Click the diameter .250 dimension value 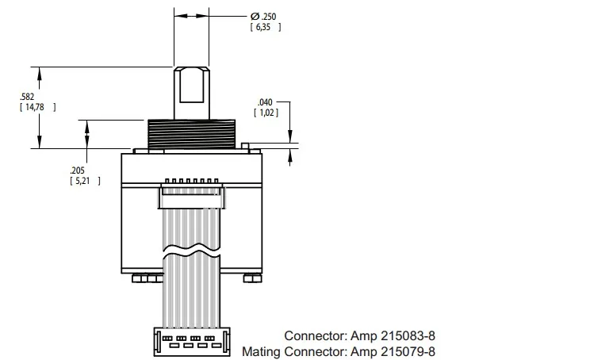269,17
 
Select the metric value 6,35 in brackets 263,27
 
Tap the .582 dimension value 27,97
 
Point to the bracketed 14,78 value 35,107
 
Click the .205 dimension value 77,170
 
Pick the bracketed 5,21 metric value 82,181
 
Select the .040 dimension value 265,102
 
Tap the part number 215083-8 408,335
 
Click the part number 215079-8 408,352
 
